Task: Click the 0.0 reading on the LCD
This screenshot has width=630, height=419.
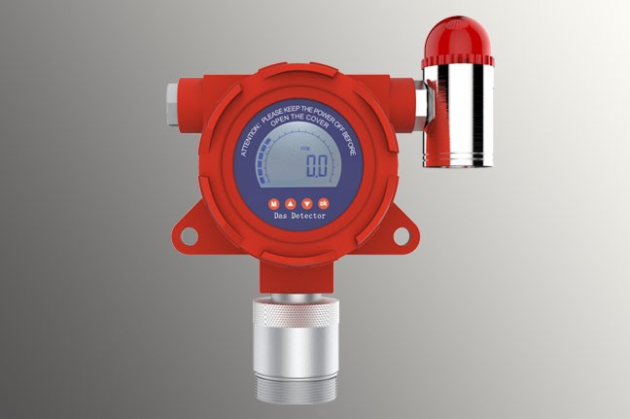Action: (x=316, y=165)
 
